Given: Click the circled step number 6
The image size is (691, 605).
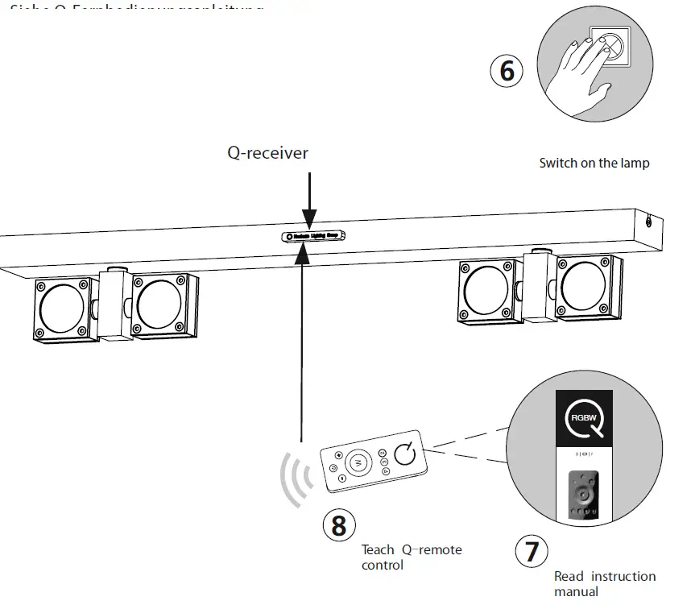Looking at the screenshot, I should click(x=507, y=70).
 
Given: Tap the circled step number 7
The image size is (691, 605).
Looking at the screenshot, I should click(x=532, y=552).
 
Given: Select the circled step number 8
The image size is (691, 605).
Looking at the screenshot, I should click(x=339, y=525).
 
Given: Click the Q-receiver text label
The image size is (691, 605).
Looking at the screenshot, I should click(x=267, y=152).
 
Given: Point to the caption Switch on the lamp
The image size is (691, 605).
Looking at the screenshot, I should click(x=594, y=163).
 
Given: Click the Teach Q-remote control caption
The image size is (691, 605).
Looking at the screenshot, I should click(x=412, y=557).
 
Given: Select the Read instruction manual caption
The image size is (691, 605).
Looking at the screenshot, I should click(x=604, y=583).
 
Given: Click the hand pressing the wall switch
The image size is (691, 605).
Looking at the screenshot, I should click(x=573, y=74).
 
